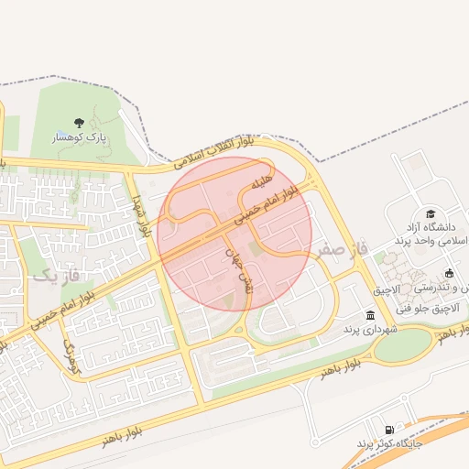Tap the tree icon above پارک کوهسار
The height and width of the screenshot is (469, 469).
(x=81, y=122)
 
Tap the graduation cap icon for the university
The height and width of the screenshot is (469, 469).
(x=430, y=213)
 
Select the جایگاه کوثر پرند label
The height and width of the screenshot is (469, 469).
(x=391, y=444)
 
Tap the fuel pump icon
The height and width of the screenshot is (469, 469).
(x=391, y=430)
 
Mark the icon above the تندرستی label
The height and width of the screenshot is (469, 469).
(x=449, y=273)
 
